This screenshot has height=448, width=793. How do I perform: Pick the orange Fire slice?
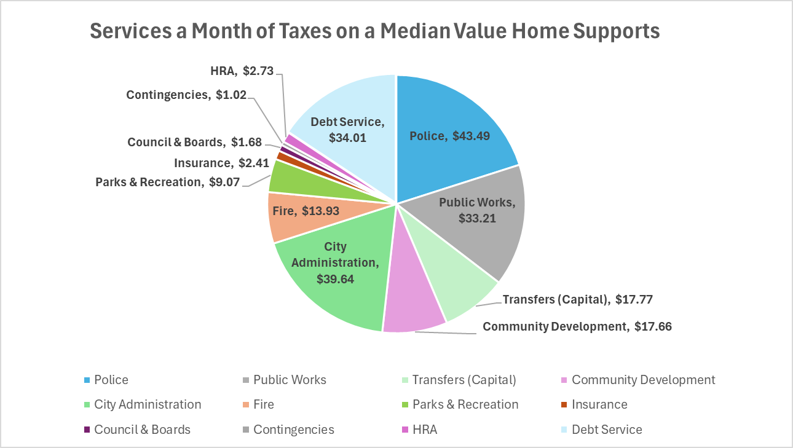pyautogui.click(x=301, y=212)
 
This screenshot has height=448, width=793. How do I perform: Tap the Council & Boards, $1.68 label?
pyautogui.click(x=194, y=142)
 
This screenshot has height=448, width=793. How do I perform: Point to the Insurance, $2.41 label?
pyautogui.click(x=222, y=163)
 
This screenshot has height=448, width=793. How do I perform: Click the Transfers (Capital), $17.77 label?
pyautogui.click(x=577, y=300)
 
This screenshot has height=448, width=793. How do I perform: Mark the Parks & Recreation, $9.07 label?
pyautogui.click(x=167, y=182)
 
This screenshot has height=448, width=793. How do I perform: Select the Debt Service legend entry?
pyautogui.click(x=606, y=430)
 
